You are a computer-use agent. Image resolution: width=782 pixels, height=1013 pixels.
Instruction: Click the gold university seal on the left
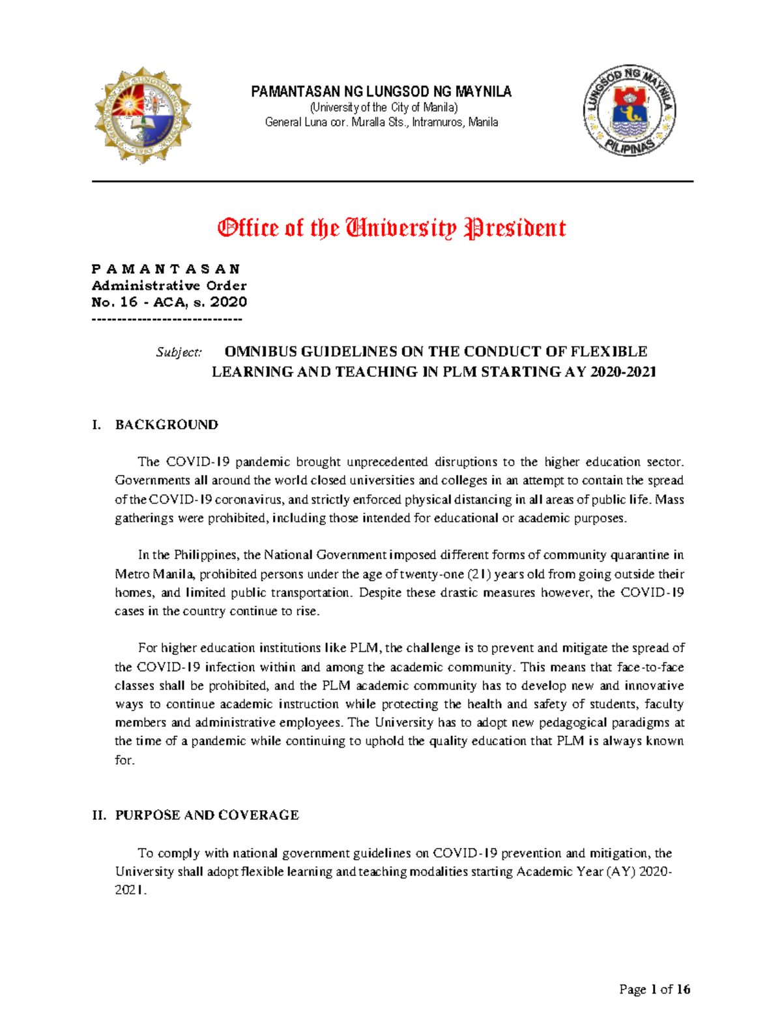pyautogui.click(x=143, y=115)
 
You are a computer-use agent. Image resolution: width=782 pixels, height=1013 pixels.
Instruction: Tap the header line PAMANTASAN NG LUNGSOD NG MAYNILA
pyautogui.click(x=381, y=92)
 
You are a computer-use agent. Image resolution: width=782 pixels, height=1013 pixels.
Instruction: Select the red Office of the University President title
pyautogui.click(x=391, y=228)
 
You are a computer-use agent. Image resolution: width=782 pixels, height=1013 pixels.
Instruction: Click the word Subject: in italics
pyautogui.click(x=179, y=352)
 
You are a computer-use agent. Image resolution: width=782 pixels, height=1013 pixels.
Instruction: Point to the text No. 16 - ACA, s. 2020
pyautogui.click(x=169, y=302)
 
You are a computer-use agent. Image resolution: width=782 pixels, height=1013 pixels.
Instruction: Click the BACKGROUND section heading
pyautogui.click(x=166, y=425)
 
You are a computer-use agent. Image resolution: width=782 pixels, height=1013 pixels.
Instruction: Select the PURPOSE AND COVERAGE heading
pyautogui.click(x=207, y=815)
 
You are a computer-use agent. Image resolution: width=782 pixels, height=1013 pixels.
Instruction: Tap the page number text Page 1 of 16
pyautogui.click(x=654, y=990)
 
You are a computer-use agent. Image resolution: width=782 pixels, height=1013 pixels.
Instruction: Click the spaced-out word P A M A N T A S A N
pyautogui.click(x=166, y=269)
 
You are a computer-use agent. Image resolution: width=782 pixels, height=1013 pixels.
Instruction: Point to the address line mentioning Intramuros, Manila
pyautogui.click(x=381, y=122)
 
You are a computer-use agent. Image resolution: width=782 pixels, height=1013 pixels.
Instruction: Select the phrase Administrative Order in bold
pyautogui.click(x=169, y=286)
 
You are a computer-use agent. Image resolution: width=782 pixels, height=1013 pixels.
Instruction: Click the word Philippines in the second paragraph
pyautogui.click(x=205, y=555)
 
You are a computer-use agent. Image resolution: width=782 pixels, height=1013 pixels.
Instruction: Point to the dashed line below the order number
pyautogui.click(x=167, y=319)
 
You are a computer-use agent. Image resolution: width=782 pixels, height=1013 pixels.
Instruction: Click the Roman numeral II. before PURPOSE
pyautogui.click(x=99, y=815)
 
